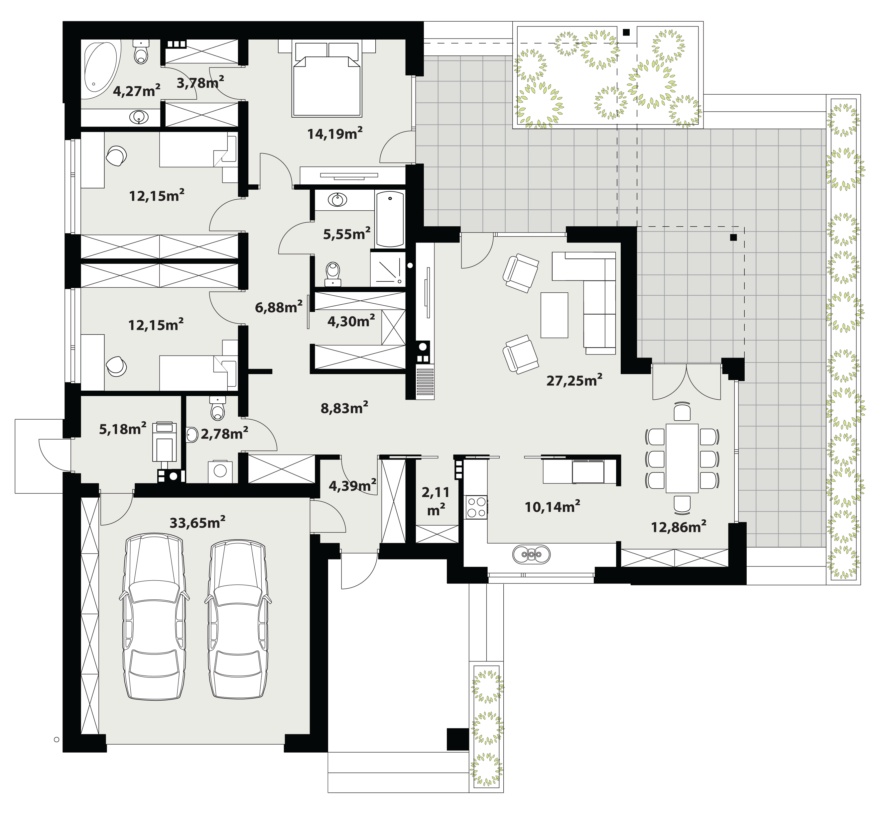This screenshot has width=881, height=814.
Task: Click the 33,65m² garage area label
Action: [x=197, y=522]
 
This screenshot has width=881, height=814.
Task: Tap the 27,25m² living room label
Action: [x=574, y=380]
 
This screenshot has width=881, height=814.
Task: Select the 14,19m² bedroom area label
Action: [x=335, y=133]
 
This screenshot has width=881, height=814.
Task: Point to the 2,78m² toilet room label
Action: [x=224, y=434]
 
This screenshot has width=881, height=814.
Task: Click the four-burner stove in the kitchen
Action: [x=476, y=507]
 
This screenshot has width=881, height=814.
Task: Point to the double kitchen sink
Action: [x=531, y=554]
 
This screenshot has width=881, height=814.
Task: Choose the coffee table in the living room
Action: [x=555, y=315]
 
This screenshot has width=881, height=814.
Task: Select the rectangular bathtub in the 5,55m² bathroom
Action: [x=390, y=219]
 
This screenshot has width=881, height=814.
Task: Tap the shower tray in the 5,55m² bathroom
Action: [x=387, y=268]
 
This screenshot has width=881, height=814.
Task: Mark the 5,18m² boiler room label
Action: [x=123, y=429]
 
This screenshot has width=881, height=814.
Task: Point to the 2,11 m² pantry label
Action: [x=436, y=500]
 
